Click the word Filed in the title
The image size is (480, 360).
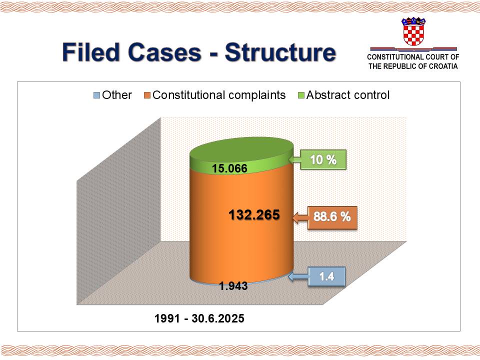coord(90,52)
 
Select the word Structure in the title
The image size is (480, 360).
coord(280,52)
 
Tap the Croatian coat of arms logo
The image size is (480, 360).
coord(413,31)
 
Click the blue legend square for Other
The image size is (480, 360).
coord(96,95)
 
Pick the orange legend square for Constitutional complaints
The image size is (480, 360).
coord(147,95)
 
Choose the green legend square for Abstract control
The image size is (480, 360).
coord(301,95)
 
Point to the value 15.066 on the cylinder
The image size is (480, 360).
coord(229,168)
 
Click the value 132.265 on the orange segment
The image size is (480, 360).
coord(254,214)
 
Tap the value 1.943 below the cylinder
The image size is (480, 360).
coord(233,286)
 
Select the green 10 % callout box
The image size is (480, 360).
coord(323,159)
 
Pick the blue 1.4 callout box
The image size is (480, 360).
coord(326,276)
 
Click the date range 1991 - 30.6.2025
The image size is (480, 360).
coord(199,318)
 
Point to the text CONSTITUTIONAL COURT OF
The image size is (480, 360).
coord(413,57)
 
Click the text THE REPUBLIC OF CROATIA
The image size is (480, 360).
coord(413,66)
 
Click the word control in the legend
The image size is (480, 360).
coord(371,95)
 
